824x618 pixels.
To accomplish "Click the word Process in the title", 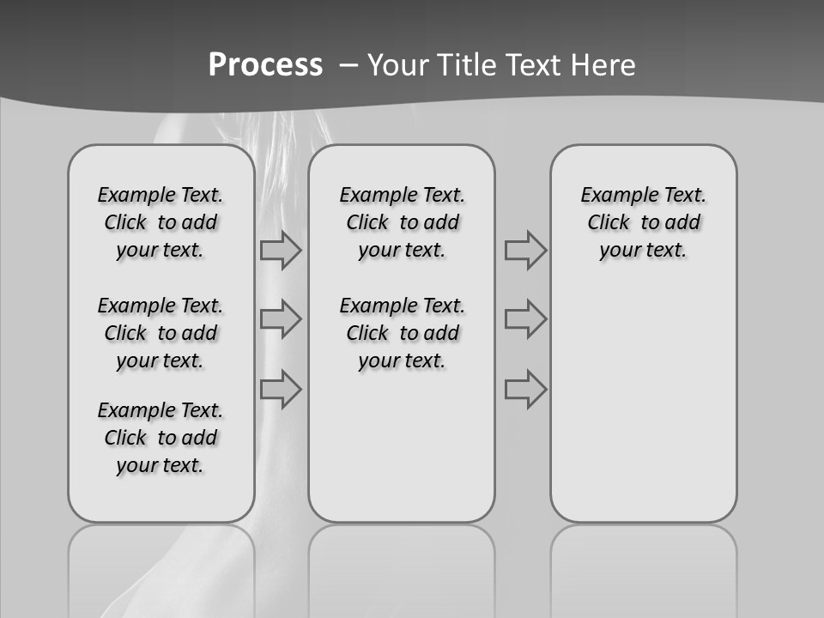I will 265,64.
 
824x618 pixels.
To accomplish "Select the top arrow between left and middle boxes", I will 281,251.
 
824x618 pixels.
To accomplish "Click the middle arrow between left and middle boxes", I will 281,319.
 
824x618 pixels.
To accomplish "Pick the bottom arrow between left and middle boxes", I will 281,389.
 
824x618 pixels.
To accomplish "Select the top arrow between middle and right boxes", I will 525,251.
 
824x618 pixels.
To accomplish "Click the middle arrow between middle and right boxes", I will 525,319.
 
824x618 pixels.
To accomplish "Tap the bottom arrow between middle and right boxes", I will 525,389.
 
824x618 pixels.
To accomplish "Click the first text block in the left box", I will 161,222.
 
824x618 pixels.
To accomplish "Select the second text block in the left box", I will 161,333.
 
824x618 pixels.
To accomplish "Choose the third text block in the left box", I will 161,438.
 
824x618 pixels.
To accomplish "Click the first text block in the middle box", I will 403,222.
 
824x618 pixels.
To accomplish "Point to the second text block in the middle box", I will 403,333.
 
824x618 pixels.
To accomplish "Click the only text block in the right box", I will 644,222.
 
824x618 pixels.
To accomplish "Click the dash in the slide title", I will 348,64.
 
